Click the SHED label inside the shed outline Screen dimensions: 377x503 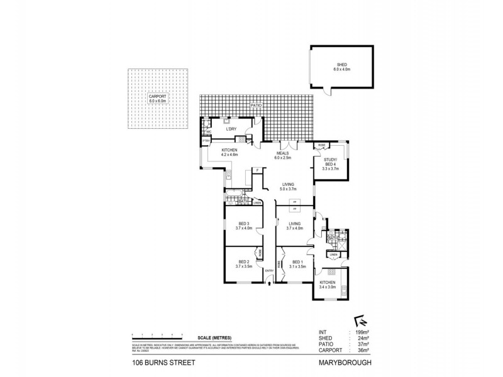pos(341,65)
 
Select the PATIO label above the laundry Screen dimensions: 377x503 pos(255,106)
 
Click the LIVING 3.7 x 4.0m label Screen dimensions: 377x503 pos(296,226)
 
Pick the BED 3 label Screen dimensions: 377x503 pos(244,226)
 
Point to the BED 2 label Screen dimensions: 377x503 pos(243,265)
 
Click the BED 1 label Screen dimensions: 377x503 pos(297,265)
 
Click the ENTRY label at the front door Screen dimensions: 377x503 pos(269,271)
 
